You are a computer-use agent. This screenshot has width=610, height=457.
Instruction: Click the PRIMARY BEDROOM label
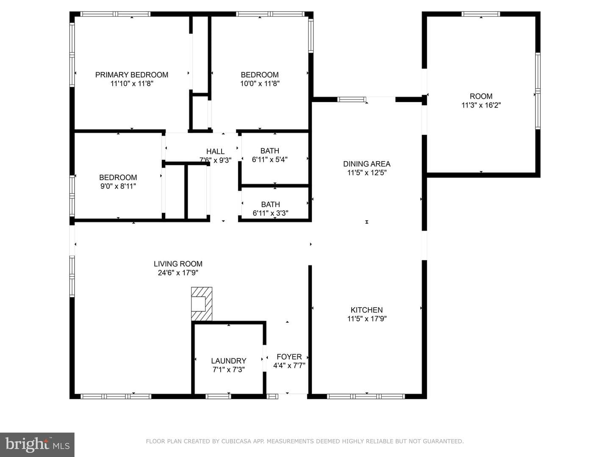[131, 74]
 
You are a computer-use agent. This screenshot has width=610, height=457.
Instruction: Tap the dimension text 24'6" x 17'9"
[178, 273]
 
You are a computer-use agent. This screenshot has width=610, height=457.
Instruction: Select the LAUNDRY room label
[228, 361]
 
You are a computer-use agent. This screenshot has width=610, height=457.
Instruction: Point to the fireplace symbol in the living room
[202, 304]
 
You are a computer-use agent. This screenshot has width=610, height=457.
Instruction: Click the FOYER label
[289, 357]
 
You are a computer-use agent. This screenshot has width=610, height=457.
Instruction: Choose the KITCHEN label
[366, 310]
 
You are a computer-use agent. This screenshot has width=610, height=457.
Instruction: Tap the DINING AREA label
[366, 164]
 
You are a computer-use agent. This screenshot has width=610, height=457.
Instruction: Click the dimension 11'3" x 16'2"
[481, 105]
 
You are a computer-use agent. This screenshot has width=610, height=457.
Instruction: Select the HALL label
[215, 151]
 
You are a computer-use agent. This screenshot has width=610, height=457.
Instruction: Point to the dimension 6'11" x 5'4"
[269, 160]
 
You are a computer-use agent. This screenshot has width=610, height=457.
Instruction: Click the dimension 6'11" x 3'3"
[270, 213]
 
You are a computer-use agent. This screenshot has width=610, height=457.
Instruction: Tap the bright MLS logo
[37, 445]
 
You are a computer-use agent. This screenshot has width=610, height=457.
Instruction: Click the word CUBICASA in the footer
[234, 441]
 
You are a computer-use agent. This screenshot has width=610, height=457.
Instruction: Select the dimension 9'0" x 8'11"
[118, 186]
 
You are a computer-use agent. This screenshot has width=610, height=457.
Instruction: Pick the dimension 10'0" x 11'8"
[260, 83]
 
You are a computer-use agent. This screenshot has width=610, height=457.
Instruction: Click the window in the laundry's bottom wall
[218, 396]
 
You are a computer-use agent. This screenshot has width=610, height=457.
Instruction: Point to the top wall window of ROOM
[481, 14]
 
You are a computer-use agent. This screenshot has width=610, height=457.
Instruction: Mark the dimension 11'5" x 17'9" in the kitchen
[367, 319]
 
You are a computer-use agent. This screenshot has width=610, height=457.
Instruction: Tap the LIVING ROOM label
[178, 264]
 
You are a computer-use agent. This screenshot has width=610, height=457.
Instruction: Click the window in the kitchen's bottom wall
[366, 396]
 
